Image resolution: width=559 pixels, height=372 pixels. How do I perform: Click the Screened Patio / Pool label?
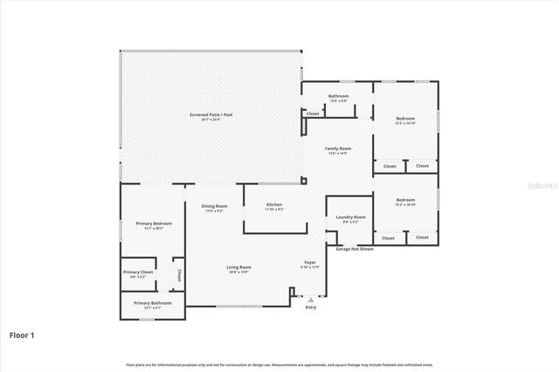tap(210, 115)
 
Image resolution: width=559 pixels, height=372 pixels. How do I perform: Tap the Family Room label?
tap(337, 149)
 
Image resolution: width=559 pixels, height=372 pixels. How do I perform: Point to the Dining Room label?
tap(214, 206)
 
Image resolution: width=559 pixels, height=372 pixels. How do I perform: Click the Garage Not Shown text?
tap(355, 249)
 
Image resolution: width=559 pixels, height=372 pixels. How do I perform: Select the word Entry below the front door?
tap(311, 307)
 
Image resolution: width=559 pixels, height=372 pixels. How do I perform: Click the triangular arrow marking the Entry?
tap(311, 300)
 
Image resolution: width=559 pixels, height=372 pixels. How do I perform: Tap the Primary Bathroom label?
tap(153, 303)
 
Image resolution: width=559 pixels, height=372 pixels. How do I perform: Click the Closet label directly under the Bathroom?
tap(313, 114)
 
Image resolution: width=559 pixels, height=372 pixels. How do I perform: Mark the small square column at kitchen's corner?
tap(303, 181)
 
